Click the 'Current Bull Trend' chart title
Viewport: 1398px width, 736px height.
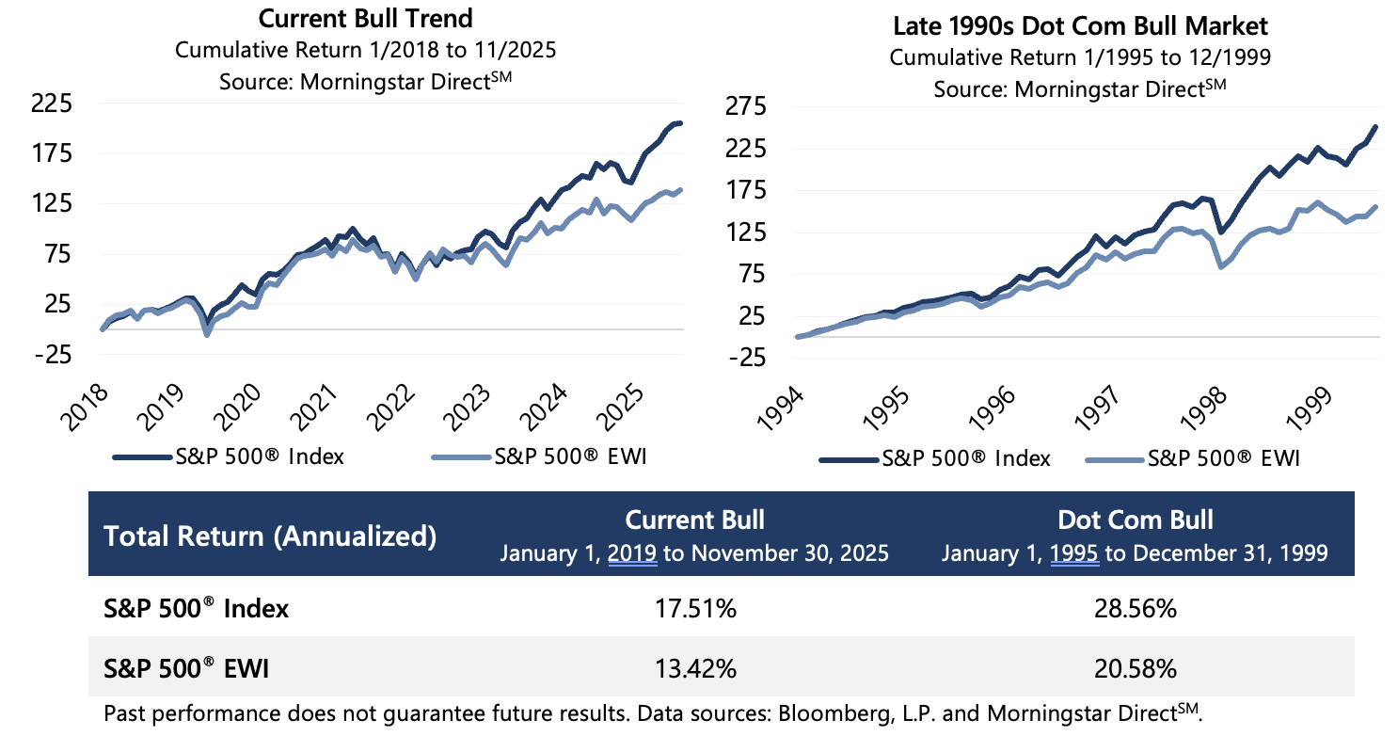coord(365,18)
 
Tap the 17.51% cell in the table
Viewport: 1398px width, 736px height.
coord(695,609)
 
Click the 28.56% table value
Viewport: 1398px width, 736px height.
coord(1136,609)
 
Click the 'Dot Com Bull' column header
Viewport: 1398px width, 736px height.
coord(1136,520)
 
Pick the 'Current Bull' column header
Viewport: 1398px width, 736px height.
coord(695,520)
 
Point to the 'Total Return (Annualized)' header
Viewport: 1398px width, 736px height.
coord(270,536)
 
